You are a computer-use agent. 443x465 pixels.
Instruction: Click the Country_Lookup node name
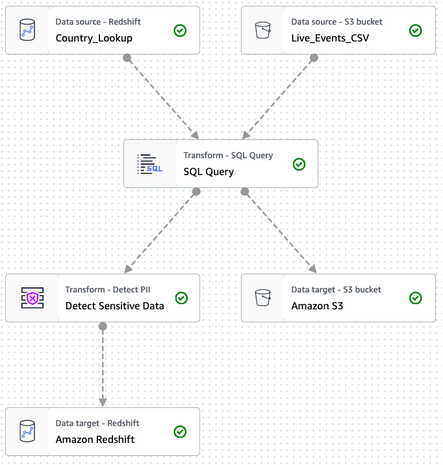(x=94, y=38)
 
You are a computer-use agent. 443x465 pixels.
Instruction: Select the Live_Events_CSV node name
(x=330, y=38)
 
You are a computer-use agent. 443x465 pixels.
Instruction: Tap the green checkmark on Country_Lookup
(x=181, y=30)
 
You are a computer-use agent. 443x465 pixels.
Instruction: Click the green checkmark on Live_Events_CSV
(x=416, y=30)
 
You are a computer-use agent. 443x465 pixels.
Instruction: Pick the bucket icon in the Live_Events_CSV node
(x=262, y=30)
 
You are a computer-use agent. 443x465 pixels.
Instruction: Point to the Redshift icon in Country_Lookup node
(x=27, y=30)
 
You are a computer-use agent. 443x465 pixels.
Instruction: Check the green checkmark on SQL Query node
(x=299, y=164)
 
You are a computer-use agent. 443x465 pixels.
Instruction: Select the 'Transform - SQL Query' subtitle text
(x=228, y=156)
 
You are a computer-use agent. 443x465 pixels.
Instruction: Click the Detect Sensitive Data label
(x=114, y=305)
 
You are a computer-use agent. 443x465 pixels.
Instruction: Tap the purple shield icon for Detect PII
(x=32, y=298)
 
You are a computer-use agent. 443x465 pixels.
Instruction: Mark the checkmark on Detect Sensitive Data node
(x=182, y=298)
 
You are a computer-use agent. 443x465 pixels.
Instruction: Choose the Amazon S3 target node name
(x=317, y=305)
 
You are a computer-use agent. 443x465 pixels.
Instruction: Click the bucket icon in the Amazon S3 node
(x=262, y=298)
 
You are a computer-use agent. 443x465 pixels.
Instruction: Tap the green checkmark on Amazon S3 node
(x=416, y=298)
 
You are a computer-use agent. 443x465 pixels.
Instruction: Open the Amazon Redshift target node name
(x=95, y=439)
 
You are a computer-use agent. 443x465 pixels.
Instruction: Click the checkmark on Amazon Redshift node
(x=181, y=432)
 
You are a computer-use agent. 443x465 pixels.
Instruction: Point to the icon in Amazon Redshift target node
(x=27, y=432)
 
